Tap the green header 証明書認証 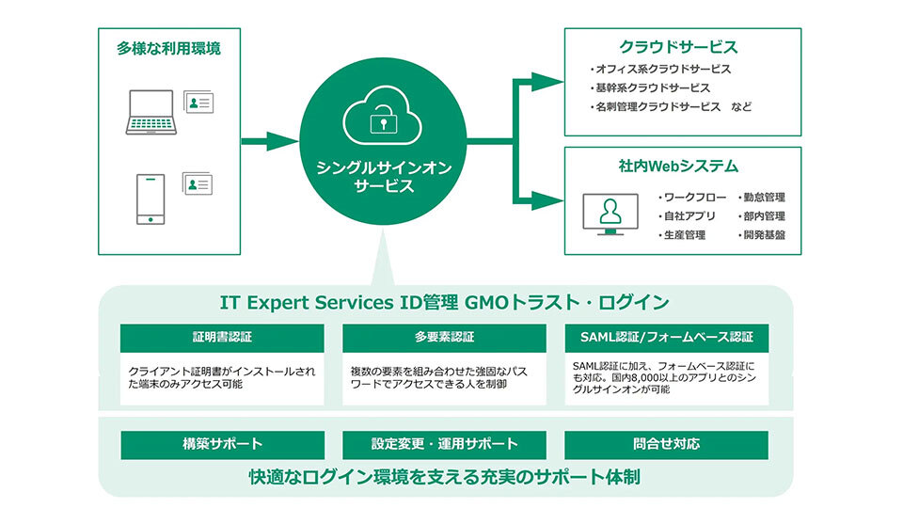(222, 338)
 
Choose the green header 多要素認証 (444, 338)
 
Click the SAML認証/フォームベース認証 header (666, 338)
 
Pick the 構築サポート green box (222, 444)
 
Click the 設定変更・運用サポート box (444, 444)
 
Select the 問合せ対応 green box (666, 444)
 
